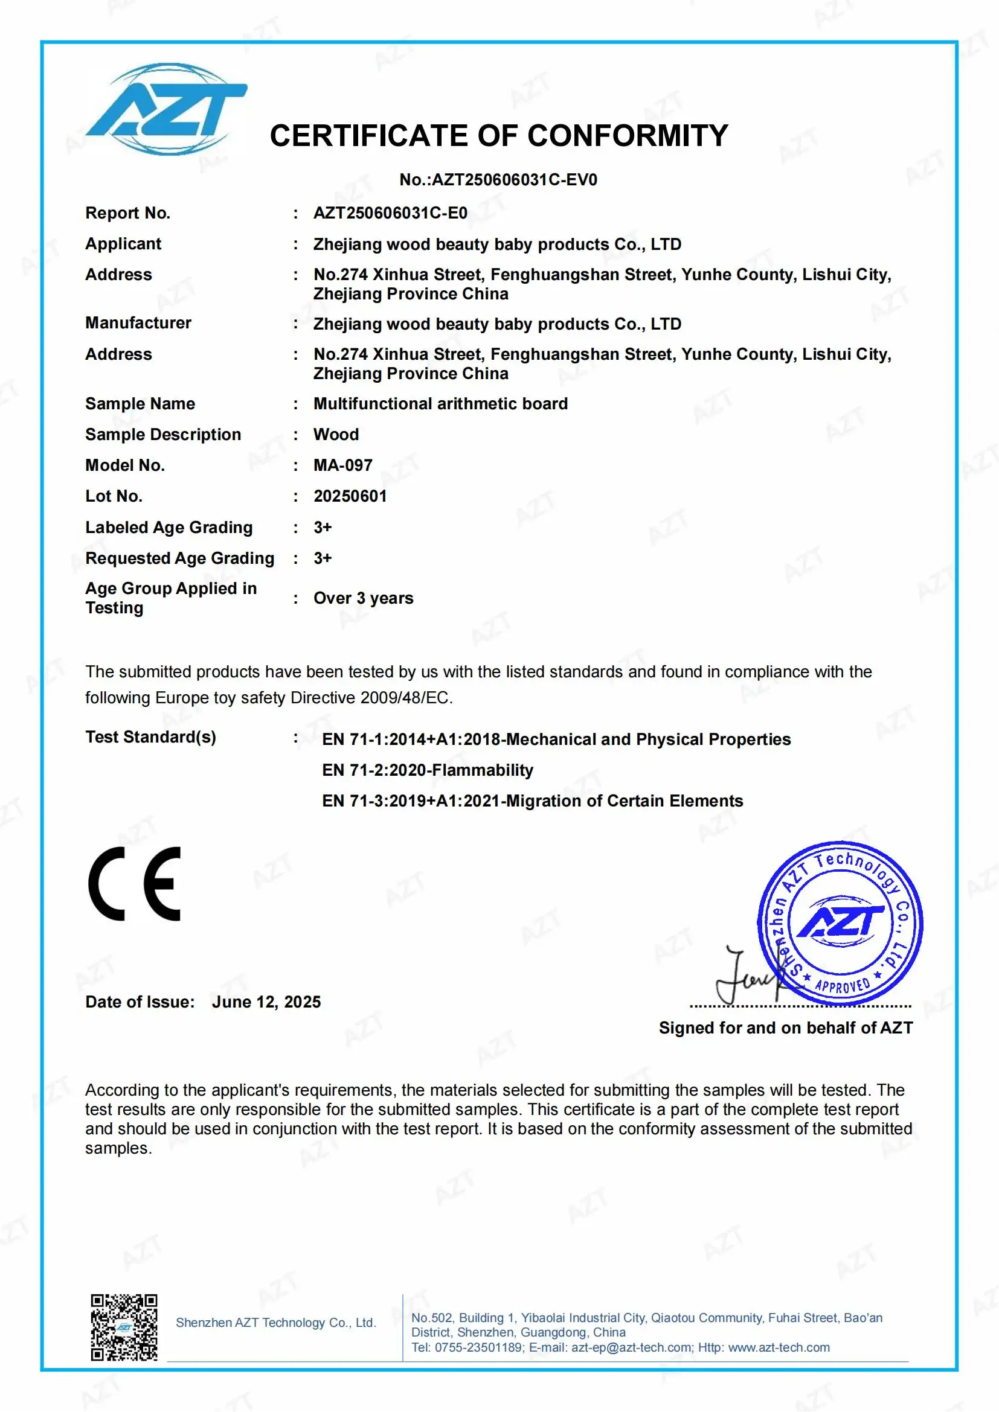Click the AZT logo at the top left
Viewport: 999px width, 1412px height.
[166, 109]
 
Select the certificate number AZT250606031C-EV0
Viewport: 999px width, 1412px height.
[514, 179]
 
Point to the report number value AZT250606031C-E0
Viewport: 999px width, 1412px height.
[390, 212]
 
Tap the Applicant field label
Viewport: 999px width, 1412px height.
[123, 243]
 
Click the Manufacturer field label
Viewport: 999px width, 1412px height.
[138, 323]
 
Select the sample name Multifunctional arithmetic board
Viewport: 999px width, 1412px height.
[440, 403]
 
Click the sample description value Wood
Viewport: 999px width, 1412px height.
[336, 434]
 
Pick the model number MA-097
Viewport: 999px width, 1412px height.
[342, 465]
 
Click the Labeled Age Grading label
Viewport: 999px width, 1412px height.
[169, 527]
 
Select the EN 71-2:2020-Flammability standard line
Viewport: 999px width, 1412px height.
[428, 770]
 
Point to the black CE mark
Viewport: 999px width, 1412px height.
[135, 884]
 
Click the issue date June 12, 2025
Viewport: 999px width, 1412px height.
[266, 1002]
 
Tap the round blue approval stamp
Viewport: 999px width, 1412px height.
[840, 923]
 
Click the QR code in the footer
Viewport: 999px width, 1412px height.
[124, 1326]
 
